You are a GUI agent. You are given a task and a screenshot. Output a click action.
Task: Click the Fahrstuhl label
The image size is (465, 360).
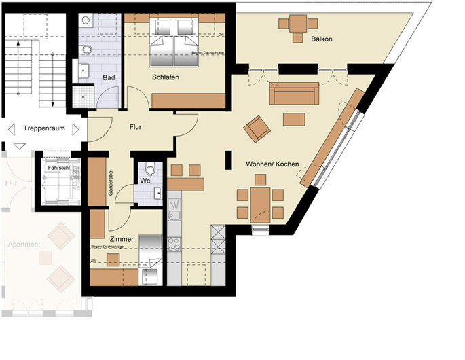pyautogui.click(x=59, y=168)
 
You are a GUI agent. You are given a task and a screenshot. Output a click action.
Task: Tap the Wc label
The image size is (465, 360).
pyautogui.click(x=145, y=181)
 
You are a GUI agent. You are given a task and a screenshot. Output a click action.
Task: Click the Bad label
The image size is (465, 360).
pyautogui.click(x=108, y=78)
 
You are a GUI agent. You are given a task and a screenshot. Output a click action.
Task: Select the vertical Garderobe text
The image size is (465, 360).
pyautogui.click(x=111, y=184)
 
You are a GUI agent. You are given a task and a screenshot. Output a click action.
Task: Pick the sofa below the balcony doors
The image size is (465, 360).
pyautogui.click(x=293, y=94)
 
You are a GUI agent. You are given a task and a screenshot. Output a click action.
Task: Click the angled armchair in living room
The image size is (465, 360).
pyautogui.click(x=257, y=128)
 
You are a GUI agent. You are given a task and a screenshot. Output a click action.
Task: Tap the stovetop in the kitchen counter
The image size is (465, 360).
pyautogui.click(x=174, y=243)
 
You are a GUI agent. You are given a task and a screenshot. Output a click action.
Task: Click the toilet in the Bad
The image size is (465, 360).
pyautogui.click(x=87, y=50)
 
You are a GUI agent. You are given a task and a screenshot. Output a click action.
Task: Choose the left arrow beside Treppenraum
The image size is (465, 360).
pyautogui.click(x=10, y=128)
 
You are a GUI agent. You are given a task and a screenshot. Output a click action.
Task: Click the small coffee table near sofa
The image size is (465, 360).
pyautogui.click(x=294, y=120)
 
